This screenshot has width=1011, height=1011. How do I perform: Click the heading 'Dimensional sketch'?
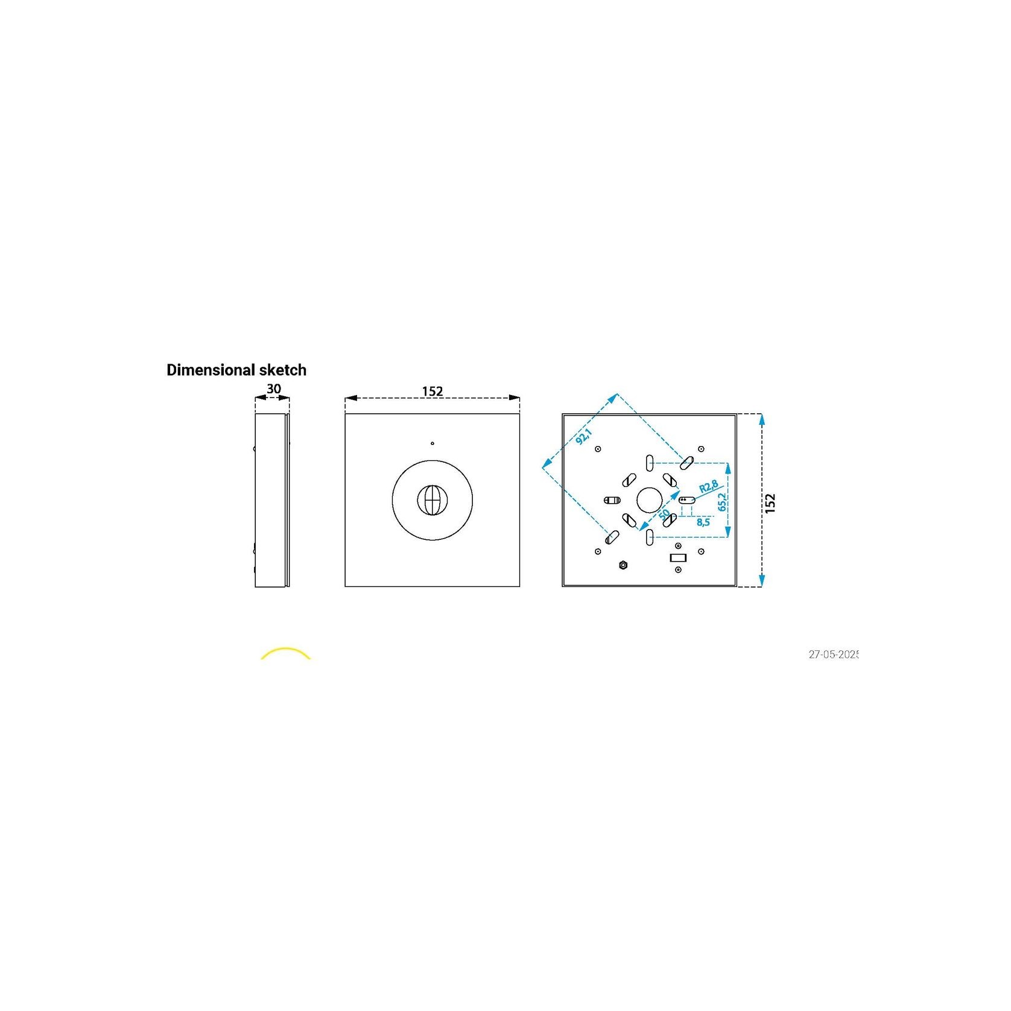point(236,370)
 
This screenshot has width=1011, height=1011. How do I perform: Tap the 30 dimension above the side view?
point(273,389)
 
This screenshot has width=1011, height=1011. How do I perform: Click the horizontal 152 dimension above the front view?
point(433,391)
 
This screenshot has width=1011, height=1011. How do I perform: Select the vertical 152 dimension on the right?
point(770,503)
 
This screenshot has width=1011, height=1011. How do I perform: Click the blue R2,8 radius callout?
point(708,487)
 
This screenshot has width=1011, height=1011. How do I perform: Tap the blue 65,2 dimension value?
point(721,501)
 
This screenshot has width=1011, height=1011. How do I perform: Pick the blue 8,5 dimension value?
point(703,522)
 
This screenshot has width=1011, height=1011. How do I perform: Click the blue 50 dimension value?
point(664,515)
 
